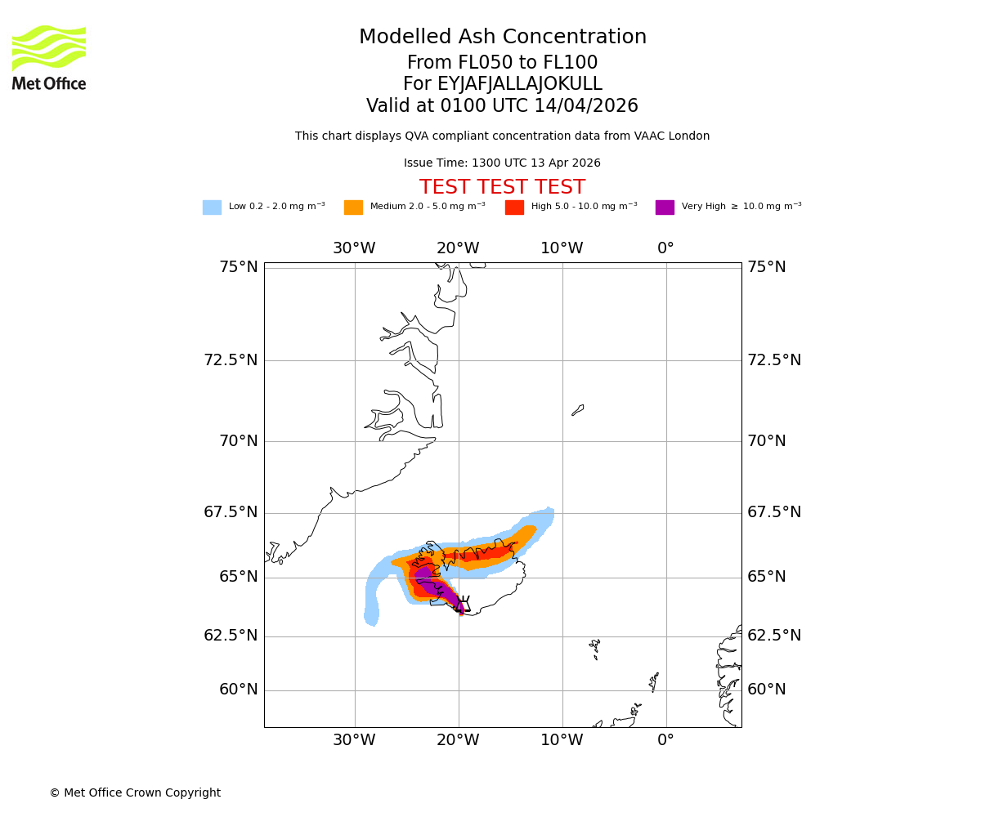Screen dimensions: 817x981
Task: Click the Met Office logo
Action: [49, 57]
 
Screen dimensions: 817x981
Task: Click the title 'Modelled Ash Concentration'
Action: [502, 38]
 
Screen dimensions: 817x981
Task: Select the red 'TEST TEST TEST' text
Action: [502, 188]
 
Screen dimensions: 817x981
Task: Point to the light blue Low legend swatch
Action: [212, 208]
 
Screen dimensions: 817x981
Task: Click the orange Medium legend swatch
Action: [353, 208]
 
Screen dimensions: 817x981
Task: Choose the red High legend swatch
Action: [514, 208]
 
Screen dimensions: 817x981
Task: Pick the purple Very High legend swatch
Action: [665, 208]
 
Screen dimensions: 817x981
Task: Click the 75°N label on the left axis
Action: [238, 267]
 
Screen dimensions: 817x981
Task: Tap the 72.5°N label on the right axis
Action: [773, 360]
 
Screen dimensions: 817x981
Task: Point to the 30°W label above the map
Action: [354, 248]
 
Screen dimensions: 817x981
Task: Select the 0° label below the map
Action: [665, 741]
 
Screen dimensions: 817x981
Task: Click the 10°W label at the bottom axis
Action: [562, 741]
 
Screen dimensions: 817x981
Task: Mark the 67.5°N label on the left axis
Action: [230, 512]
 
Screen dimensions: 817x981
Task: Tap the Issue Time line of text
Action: [502, 163]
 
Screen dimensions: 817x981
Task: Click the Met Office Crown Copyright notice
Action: [135, 793]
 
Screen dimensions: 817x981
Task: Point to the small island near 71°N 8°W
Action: [578, 410]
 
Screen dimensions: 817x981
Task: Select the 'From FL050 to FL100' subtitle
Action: [502, 63]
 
